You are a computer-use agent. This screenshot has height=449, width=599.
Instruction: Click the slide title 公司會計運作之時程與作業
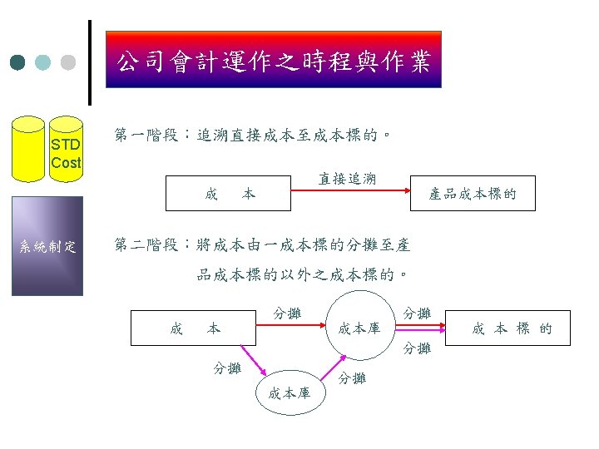(x=274, y=60)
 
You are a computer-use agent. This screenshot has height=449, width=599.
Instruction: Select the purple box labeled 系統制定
(x=47, y=246)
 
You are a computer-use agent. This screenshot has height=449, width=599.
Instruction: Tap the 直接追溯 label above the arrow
(x=347, y=178)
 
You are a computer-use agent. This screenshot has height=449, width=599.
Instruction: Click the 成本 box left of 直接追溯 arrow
(x=228, y=194)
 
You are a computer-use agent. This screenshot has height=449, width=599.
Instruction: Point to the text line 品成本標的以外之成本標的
(x=302, y=274)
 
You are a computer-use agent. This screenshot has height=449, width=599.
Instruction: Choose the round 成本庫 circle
(x=359, y=328)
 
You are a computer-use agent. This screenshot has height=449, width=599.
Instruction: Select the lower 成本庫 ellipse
(x=290, y=392)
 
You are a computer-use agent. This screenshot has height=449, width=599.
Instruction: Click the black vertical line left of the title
(x=90, y=63)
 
